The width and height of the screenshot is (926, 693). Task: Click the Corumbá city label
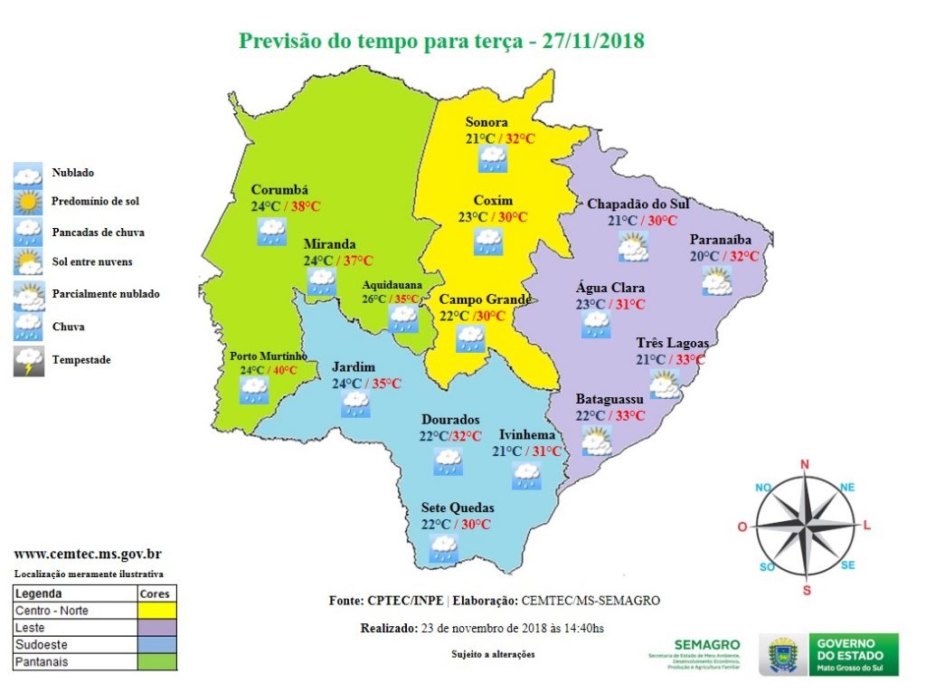(279, 190)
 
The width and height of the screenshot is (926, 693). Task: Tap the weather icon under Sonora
(492, 159)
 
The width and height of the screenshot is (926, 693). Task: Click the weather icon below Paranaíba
(718, 282)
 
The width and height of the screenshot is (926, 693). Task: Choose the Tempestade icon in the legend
(28, 361)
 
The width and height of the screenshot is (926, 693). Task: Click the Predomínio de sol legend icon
(28, 202)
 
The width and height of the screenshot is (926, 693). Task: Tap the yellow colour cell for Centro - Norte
(156, 611)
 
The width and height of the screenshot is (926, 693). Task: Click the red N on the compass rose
(804, 465)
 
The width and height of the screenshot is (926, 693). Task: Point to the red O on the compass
(742, 527)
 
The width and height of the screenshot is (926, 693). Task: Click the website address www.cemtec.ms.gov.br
(88, 554)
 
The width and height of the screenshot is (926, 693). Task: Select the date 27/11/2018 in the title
(593, 42)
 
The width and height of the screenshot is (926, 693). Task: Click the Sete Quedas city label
(458, 508)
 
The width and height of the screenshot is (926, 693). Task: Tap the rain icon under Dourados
(447, 461)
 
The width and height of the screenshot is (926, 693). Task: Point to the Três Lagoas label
(672, 343)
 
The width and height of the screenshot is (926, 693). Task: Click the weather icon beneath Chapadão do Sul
(632, 247)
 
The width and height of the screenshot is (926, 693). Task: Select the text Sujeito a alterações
(493, 654)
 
